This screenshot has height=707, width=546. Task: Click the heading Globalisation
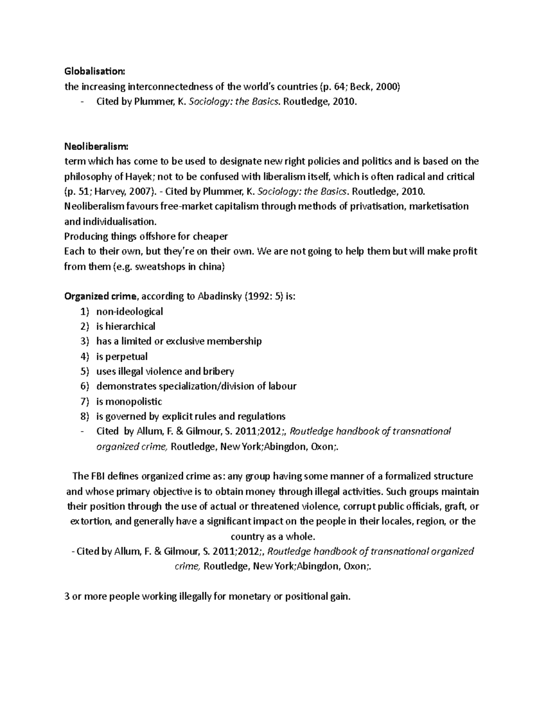(x=94, y=71)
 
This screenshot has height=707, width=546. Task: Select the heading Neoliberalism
(x=96, y=147)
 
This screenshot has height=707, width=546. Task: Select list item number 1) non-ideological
(x=129, y=312)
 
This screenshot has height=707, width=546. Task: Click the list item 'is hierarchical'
(x=126, y=327)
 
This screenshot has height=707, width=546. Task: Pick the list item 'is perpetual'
(x=122, y=356)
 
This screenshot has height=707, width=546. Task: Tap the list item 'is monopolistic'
(x=129, y=402)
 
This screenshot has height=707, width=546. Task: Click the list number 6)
(x=84, y=387)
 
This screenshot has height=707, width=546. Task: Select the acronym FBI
(x=97, y=476)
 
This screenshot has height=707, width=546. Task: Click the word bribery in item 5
(x=217, y=371)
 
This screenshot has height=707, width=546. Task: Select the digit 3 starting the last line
(x=67, y=597)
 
